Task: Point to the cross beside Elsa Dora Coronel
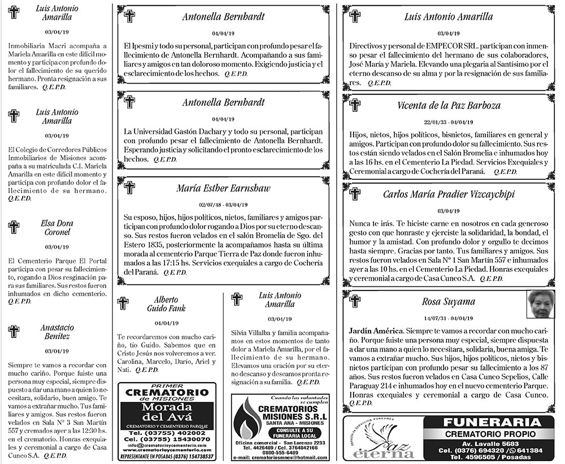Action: pyautogui.click(x=14, y=227)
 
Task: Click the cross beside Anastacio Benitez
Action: pyautogui.click(x=14, y=331)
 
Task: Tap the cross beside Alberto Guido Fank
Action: pyautogui.click(x=123, y=303)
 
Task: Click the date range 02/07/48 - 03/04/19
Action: pyautogui.click(x=224, y=205)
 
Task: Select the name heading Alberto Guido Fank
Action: pyautogui.click(x=166, y=303)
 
